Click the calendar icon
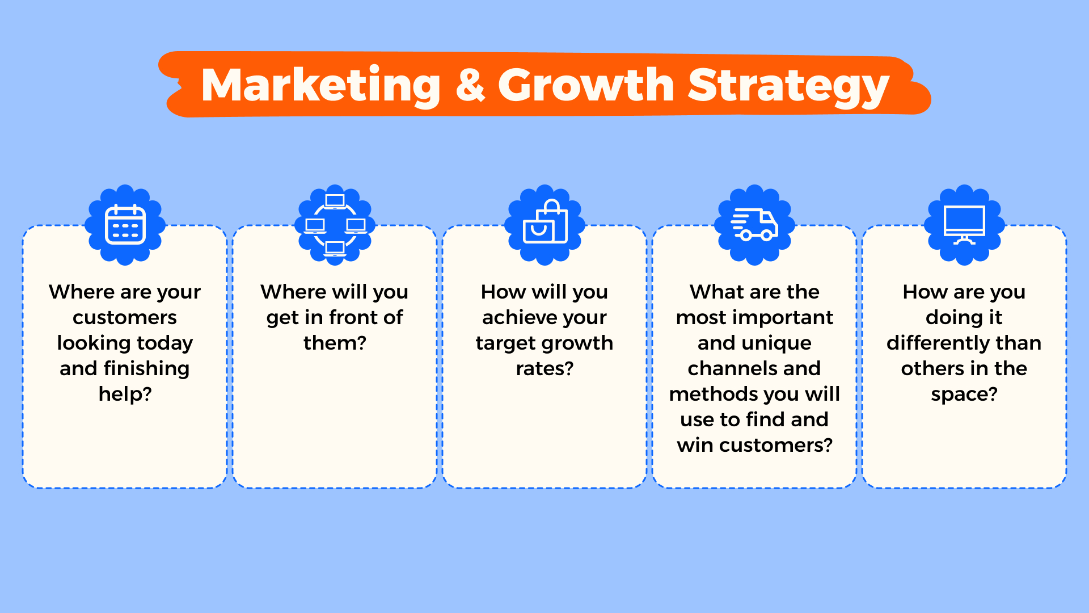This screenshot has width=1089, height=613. pyautogui.click(x=125, y=225)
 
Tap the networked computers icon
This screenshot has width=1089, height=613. pyautogui.click(x=335, y=225)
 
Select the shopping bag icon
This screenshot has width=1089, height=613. pyautogui.click(x=544, y=225)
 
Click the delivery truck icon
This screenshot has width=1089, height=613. pyautogui.click(x=754, y=225)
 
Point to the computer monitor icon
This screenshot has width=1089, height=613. pyautogui.click(x=964, y=225)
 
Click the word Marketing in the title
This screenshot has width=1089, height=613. pyautogui.click(x=320, y=85)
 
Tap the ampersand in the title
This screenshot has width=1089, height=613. pyautogui.click(x=470, y=85)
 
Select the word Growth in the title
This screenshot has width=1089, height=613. pyautogui.click(x=586, y=85)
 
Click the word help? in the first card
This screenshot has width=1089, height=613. pyautogui.click(x=125, y=394)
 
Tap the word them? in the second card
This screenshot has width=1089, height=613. pyautogui.click(x=335, y=343)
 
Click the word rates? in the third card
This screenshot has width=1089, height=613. pyautogui.click(x=544, y=368)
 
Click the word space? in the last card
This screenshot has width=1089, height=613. pyautogui.click(x=964, y=394)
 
